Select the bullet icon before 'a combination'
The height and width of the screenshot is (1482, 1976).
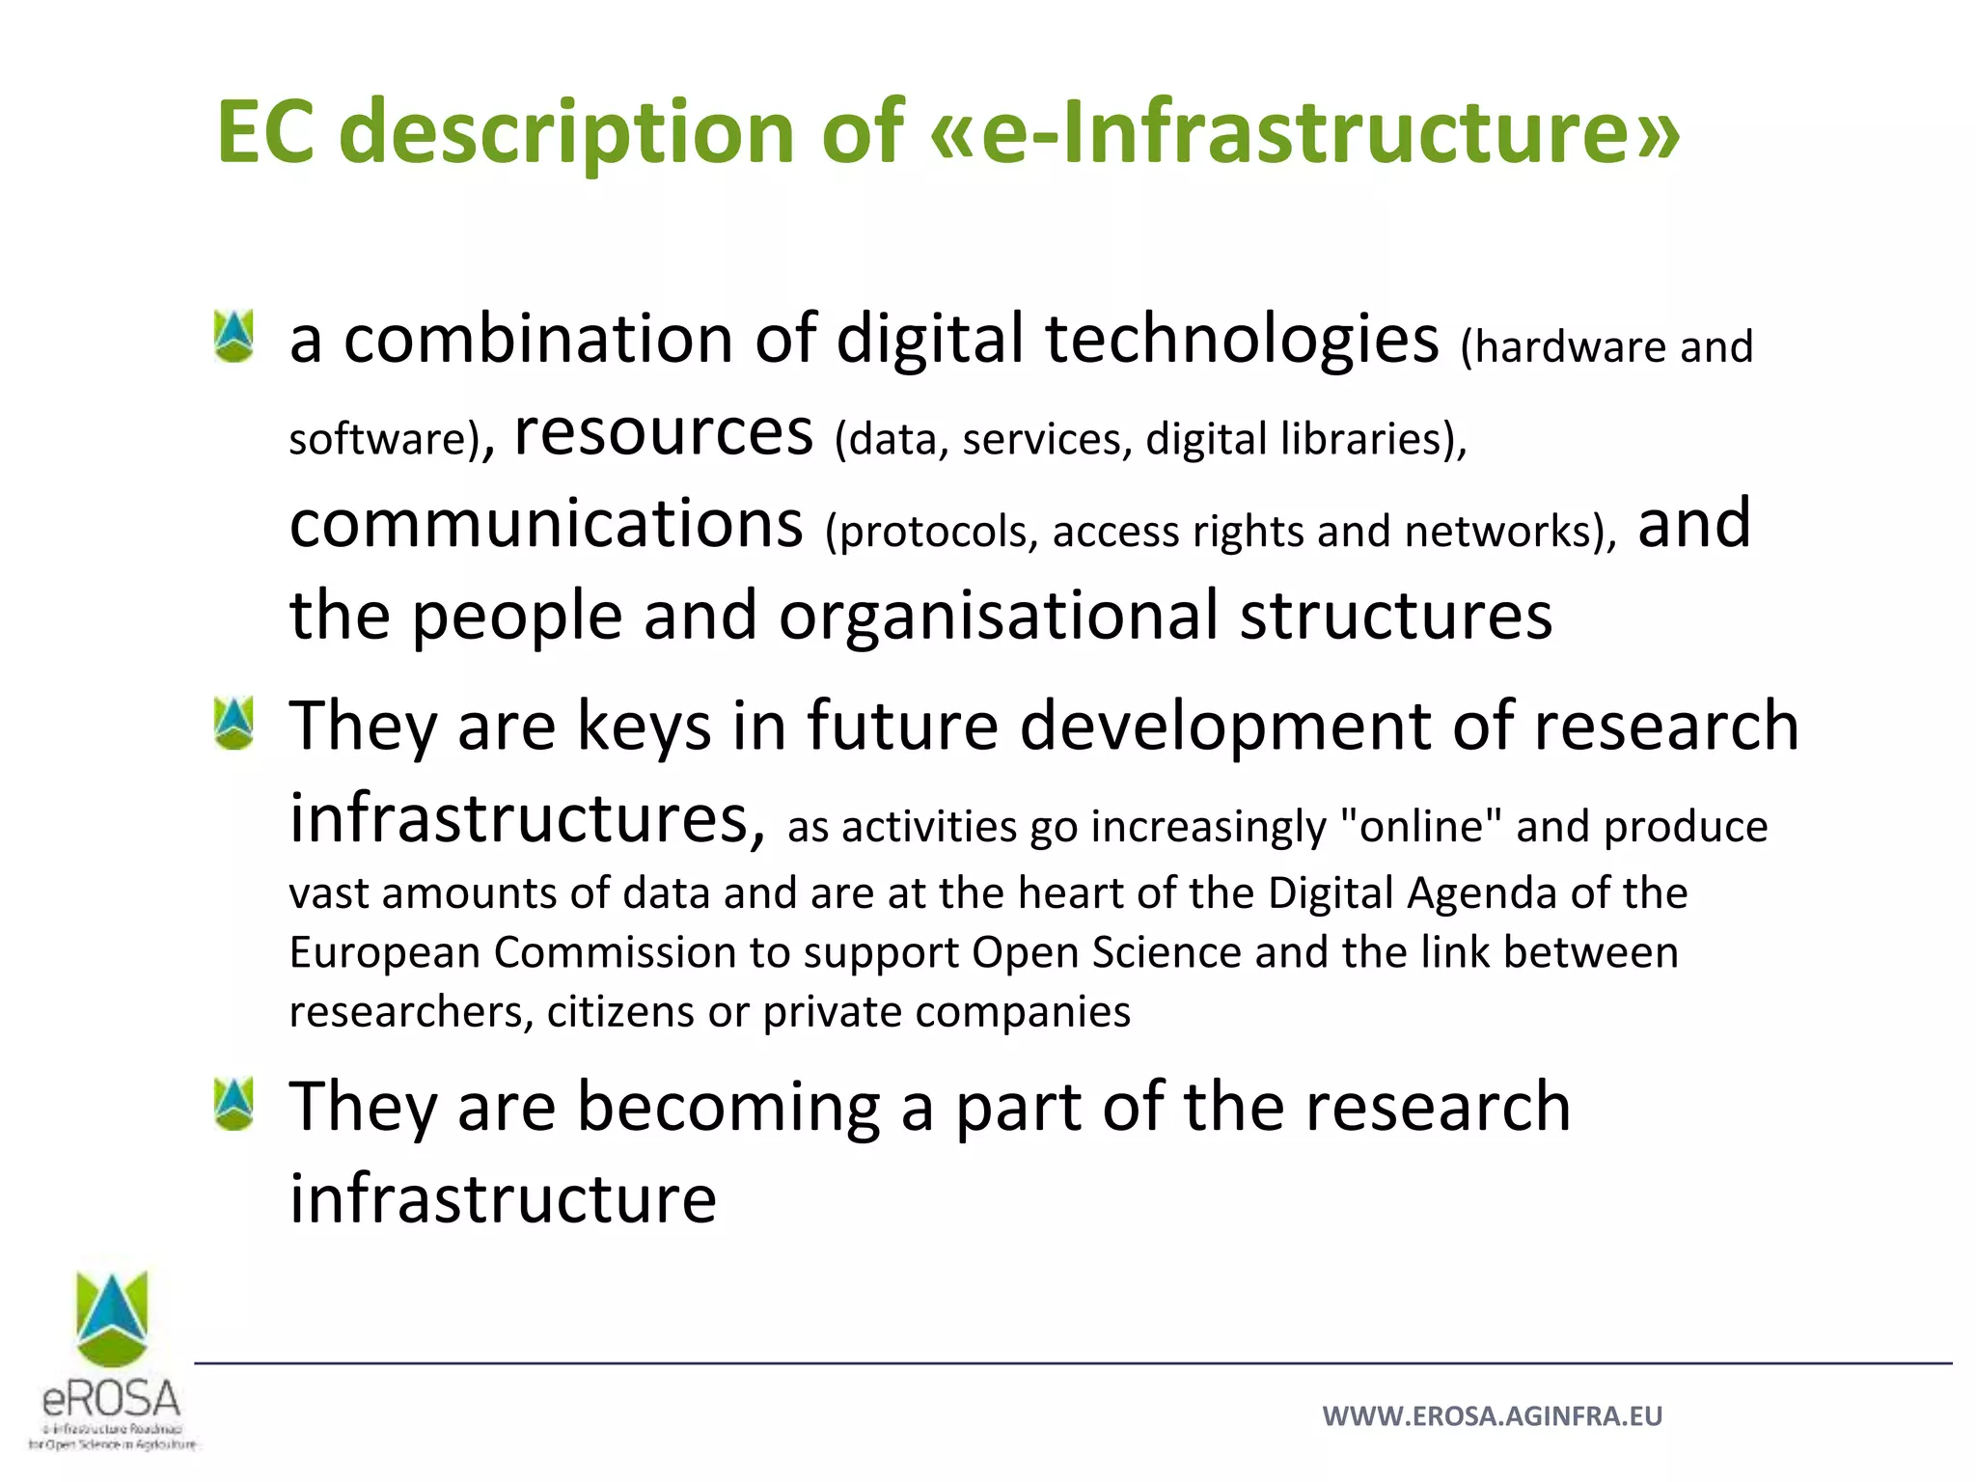click(234, 336)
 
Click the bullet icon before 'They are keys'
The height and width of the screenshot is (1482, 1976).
click(234, 724)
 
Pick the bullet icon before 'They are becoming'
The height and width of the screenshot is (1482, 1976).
click(234, 1104)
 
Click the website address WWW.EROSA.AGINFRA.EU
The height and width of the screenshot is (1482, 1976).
click(1492, 1415)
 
